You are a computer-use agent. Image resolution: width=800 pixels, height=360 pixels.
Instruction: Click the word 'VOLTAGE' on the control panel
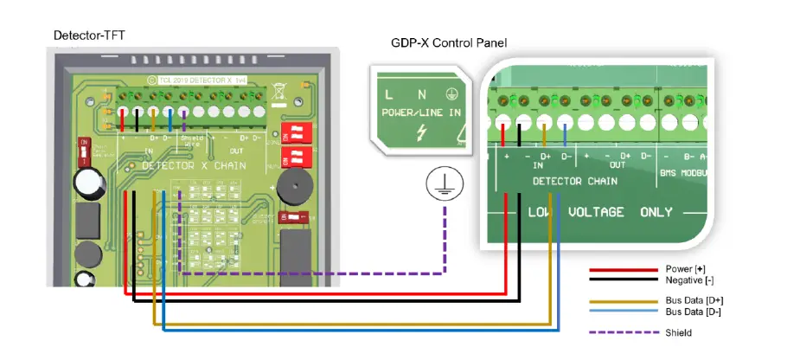point(596,212)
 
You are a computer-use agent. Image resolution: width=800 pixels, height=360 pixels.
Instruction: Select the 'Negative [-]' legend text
point(689,280)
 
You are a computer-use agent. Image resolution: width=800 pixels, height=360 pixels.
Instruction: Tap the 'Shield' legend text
point(679,332)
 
